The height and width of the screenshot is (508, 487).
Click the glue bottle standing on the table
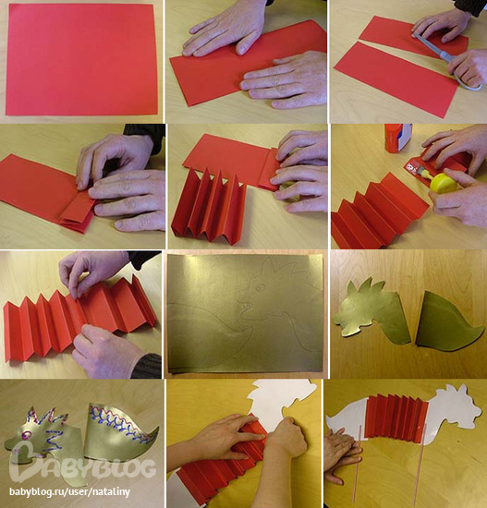coord(398,138)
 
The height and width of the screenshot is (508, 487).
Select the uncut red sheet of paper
coord(81,60)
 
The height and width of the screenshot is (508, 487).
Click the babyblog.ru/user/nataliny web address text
coord(69,491)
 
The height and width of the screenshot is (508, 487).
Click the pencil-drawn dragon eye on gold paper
coord(260,287)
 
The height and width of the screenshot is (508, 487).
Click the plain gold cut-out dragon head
coord(371,311)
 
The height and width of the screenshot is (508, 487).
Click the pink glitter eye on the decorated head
coord(26,435)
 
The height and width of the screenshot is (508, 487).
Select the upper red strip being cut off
coord(412,36)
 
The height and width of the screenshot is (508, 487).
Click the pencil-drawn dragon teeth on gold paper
coord(247,306)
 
